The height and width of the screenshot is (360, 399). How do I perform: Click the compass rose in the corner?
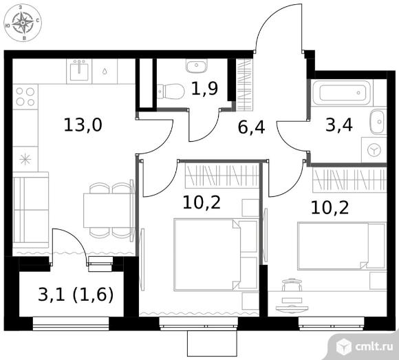click(23, 23)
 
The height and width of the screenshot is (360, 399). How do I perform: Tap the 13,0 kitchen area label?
click(83, 125)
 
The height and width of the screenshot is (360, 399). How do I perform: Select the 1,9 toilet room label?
click(204, 88)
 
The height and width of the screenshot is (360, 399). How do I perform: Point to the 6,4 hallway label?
click(251, 127)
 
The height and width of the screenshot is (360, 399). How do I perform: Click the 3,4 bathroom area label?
click(339, 125)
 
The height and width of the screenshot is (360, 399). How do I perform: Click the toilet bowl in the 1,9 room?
click(171, 91)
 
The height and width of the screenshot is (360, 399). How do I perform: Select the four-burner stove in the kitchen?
click(25, 97)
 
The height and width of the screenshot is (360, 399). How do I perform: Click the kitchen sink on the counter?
click(79, 71)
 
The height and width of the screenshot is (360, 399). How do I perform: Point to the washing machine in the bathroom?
click(374, 150)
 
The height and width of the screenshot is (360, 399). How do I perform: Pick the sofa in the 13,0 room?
click(31, 210)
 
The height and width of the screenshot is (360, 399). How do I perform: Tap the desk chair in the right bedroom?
click(292, 285)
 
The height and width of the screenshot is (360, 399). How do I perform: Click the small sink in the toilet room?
click(197, 65)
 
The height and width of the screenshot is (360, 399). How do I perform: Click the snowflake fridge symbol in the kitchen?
click(25, 160)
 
